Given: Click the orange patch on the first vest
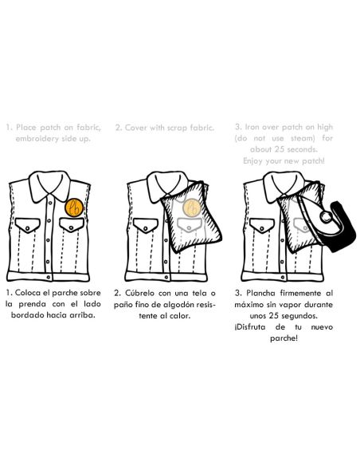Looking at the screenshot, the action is click(x=74, y=207).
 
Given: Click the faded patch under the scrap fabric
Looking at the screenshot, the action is click(x=191, y=207).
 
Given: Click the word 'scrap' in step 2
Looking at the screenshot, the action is click(x=178, y=128).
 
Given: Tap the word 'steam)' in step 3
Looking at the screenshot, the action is click(x=303, y=138).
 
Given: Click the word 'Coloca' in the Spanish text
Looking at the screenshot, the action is click(x=28, y=293).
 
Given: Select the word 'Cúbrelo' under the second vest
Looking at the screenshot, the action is click(x=139, y=293).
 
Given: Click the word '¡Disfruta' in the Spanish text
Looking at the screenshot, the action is click(x=249, y=327).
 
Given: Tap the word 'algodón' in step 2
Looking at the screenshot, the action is click(x=177, y=305).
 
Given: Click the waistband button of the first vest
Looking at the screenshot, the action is click(x=49, y=277).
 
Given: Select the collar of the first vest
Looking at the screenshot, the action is click(x=50, y=185).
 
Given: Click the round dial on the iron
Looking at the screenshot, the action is click(x=325, y=217).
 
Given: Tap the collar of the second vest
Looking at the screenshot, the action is click(x=167, y=185).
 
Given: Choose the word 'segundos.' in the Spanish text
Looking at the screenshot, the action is click(x=299, y=316).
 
